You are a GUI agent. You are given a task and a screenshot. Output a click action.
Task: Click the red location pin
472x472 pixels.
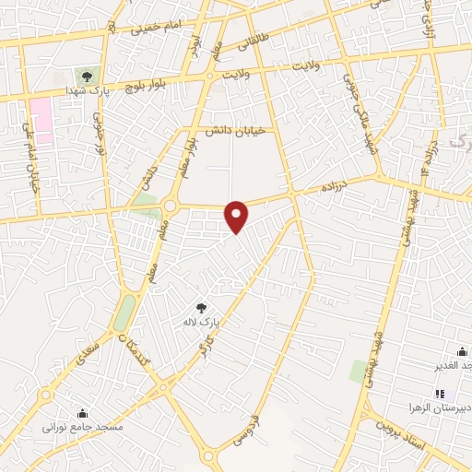237,216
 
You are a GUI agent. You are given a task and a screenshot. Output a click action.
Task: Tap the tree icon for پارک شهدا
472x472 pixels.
88,77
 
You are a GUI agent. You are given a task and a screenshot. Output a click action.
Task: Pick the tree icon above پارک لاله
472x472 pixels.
202,308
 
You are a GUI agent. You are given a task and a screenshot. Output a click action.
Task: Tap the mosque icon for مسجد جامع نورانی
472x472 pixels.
83,413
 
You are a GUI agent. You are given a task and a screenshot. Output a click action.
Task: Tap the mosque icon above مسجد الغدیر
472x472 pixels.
462,351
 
